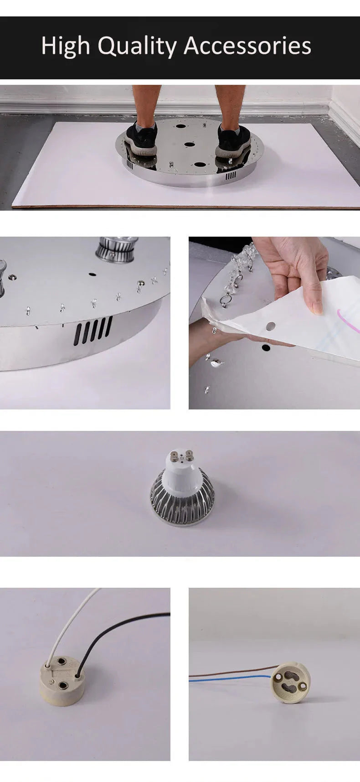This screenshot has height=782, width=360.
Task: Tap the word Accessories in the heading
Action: pyautogui.click(x=247, y=46)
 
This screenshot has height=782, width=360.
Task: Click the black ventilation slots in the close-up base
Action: pyautogui.click(x=93, y=330)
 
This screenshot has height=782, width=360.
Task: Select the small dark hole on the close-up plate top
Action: pyautogui.click(x=92, y=274)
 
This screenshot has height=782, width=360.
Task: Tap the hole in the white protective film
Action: pyautogui.click(x=271, y=326)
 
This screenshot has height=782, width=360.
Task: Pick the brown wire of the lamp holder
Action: pyautogui.click(x=228, y=672)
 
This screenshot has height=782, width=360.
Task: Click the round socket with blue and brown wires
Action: pyautogui.click(x=289, y=683)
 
